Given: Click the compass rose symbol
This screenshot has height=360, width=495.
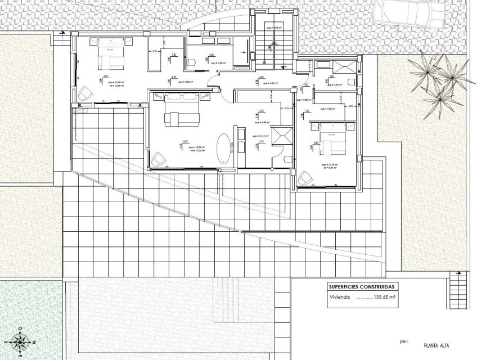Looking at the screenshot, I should [21, 341].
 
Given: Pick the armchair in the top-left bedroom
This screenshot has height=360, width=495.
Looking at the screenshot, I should [85, 92].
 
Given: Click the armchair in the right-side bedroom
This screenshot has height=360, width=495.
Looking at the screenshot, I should [306, 178].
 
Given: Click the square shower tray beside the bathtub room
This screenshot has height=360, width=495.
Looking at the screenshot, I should [281, 136].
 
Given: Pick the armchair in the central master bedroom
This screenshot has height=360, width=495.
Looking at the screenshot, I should [159, 159].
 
